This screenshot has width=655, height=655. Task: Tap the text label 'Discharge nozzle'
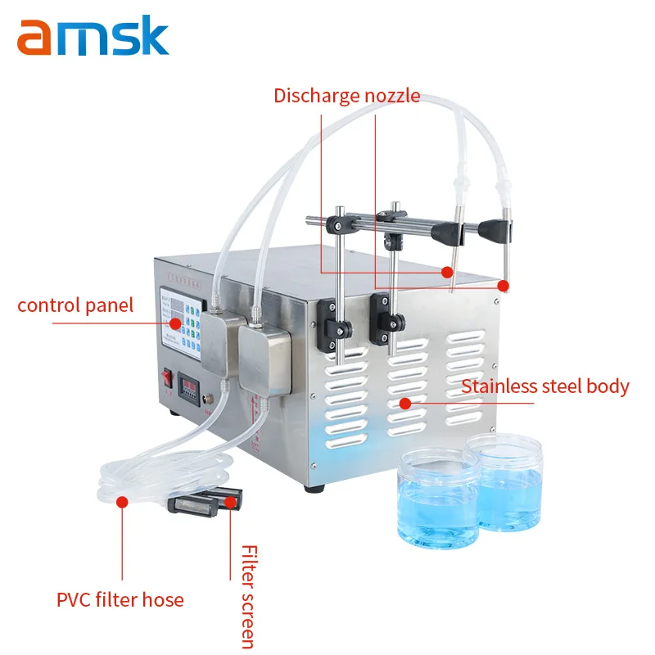[346, 96]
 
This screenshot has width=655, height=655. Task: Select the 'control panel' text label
[75, 306]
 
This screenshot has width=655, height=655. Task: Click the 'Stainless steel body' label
[545, 386]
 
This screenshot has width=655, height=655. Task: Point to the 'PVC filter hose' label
[120, 599]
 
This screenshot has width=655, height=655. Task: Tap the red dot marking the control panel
[174, 323]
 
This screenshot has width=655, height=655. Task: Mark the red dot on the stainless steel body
[404, 402]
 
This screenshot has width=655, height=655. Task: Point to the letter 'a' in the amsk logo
[35, 39]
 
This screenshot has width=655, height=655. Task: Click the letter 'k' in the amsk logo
[151, 35]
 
